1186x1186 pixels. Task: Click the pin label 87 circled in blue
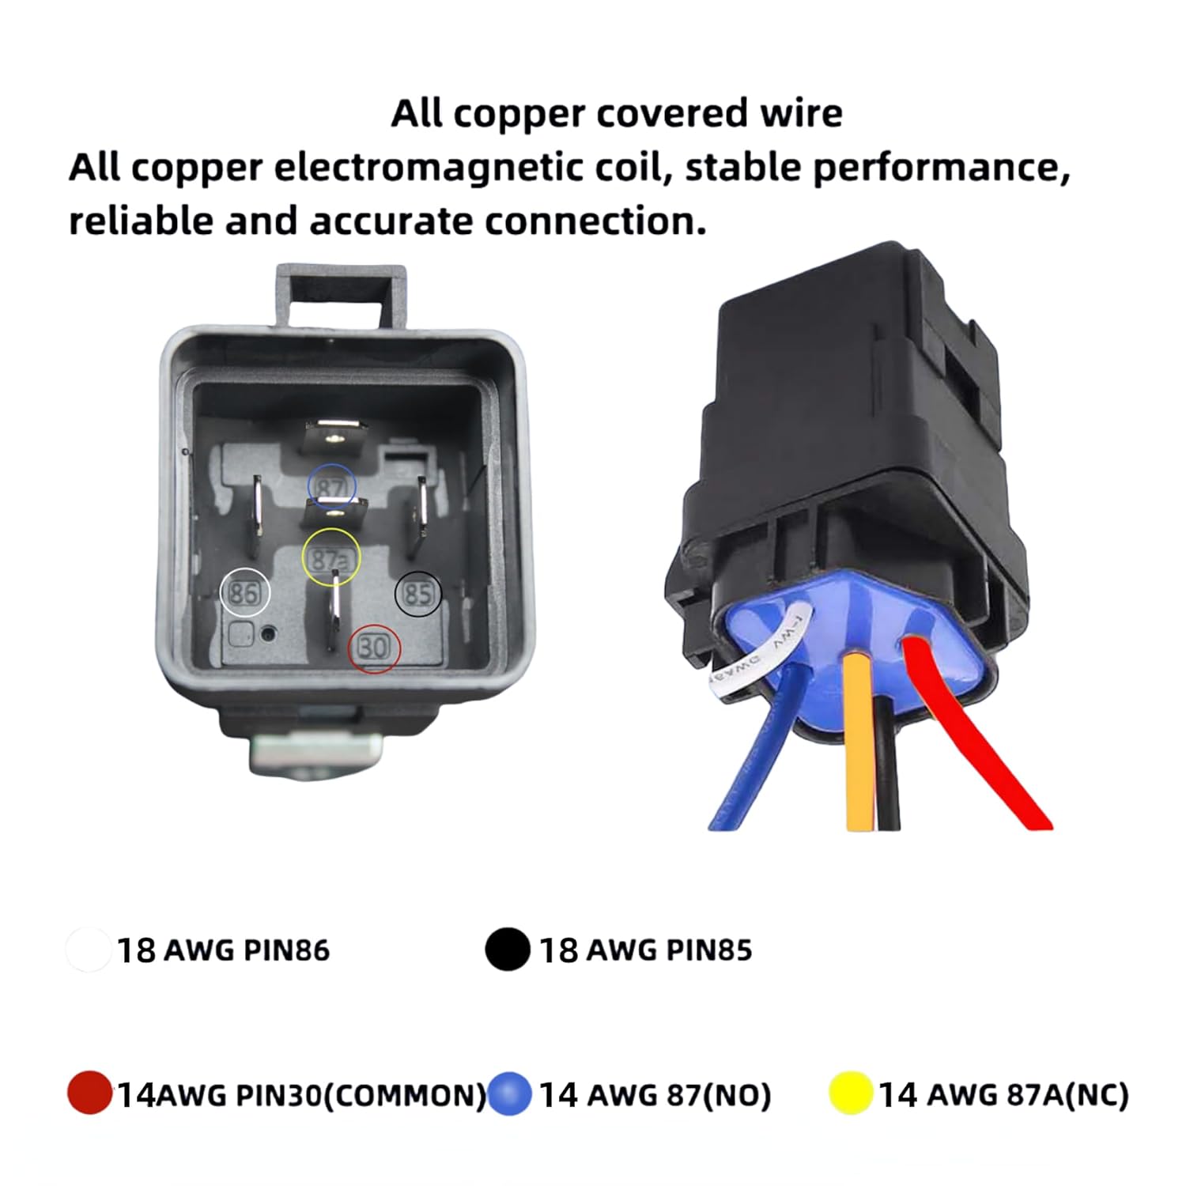[332, 485]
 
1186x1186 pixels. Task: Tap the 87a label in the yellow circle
[330, 558]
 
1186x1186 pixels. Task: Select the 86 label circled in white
[244, 592]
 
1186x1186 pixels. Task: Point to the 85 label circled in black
[418, 593]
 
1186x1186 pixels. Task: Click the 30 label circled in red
[375, 648]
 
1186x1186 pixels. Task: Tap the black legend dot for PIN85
[508, 949]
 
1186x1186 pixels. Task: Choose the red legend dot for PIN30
[89, 1093]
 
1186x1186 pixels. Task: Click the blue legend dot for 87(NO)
[509, 1093]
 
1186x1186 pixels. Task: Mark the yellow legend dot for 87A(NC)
[851, 1093]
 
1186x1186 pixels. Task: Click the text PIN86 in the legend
[286, 950]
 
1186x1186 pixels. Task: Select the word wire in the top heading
[800, 113]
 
